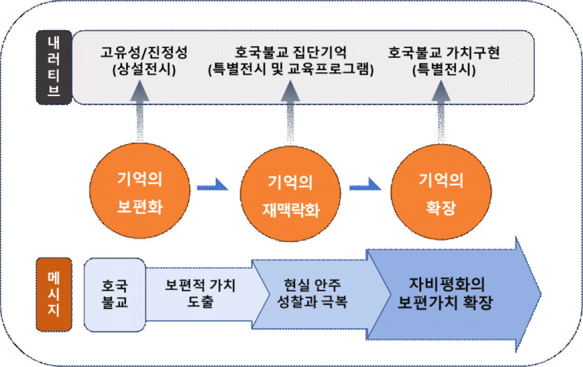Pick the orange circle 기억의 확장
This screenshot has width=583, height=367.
[441, 194]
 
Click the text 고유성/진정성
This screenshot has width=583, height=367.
[144, 53]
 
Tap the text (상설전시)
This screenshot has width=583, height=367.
[144, 70]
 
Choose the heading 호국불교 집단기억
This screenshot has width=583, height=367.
[291, 53]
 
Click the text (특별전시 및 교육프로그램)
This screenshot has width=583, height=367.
[291, 70]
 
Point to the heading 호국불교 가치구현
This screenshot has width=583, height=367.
[444, 53]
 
